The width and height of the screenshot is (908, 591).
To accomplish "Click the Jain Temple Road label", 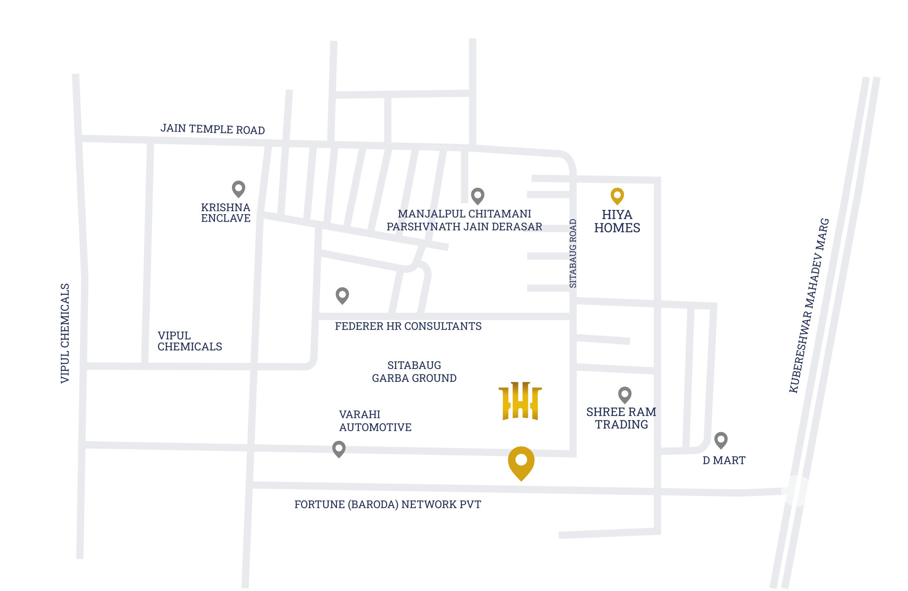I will click(x=212, y=129).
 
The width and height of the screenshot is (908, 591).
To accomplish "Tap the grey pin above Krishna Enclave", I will click(x=238, y=188).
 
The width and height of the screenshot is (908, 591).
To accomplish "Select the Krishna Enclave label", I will click(x=226, y=213).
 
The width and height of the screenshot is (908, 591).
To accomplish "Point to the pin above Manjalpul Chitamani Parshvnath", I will click(x=478, y=195).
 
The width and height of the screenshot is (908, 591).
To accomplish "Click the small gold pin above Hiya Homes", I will click(x=617, y=195).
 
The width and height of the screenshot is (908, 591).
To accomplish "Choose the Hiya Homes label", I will click(x=617, y=221).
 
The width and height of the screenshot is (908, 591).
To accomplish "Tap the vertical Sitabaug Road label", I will click(x=573, y=253).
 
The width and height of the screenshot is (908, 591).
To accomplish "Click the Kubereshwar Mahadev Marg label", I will click(x=809, y=306).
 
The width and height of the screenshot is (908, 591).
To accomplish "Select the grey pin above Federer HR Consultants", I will click(x=342, y=295).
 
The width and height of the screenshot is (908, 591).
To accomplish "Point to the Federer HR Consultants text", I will click(x=408, y=326).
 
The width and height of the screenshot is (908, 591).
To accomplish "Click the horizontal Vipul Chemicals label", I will click(x=190, y=341).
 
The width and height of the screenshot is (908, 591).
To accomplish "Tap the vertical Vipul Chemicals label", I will click(x=65, y=333).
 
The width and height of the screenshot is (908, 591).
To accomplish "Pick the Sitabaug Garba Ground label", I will click(x=414, y=371).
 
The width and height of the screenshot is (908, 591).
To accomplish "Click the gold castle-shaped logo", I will click(x=520, y=401).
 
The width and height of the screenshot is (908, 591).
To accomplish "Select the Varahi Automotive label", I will click(x=375, y=421).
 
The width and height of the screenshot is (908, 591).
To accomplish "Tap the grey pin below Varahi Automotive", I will click(x=339, y=449).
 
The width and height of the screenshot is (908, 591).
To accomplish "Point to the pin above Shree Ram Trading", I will click(x=625, y=395).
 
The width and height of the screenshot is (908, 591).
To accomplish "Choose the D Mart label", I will click(x=724, y=460).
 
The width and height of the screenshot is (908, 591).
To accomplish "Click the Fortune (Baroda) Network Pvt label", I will click(x=388, y=504).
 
